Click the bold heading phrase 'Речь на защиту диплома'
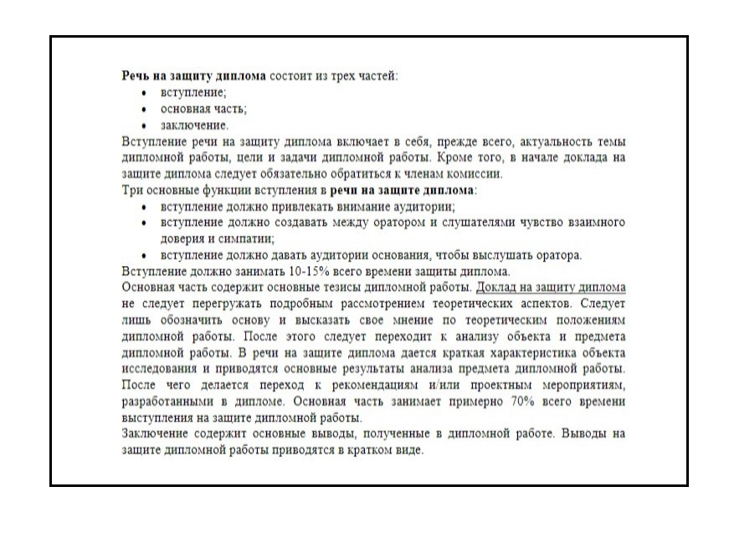pos(194,75)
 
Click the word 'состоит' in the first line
pos(295,75)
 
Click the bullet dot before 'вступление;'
pos(144,92)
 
